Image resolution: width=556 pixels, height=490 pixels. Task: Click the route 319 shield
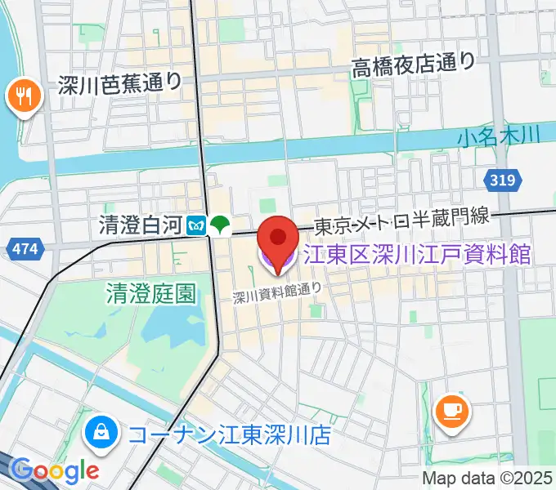click(504, 180)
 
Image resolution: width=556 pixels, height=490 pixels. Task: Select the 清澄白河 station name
click(138, 225)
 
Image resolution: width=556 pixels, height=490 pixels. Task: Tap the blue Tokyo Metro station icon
click(197, 225)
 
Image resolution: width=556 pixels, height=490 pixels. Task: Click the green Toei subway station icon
click(219, 225)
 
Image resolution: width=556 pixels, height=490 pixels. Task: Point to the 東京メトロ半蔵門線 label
click(402, 218)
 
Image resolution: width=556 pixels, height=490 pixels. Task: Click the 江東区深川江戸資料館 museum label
click(417, 254)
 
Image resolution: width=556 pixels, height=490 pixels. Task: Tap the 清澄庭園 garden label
click(151, 293)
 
